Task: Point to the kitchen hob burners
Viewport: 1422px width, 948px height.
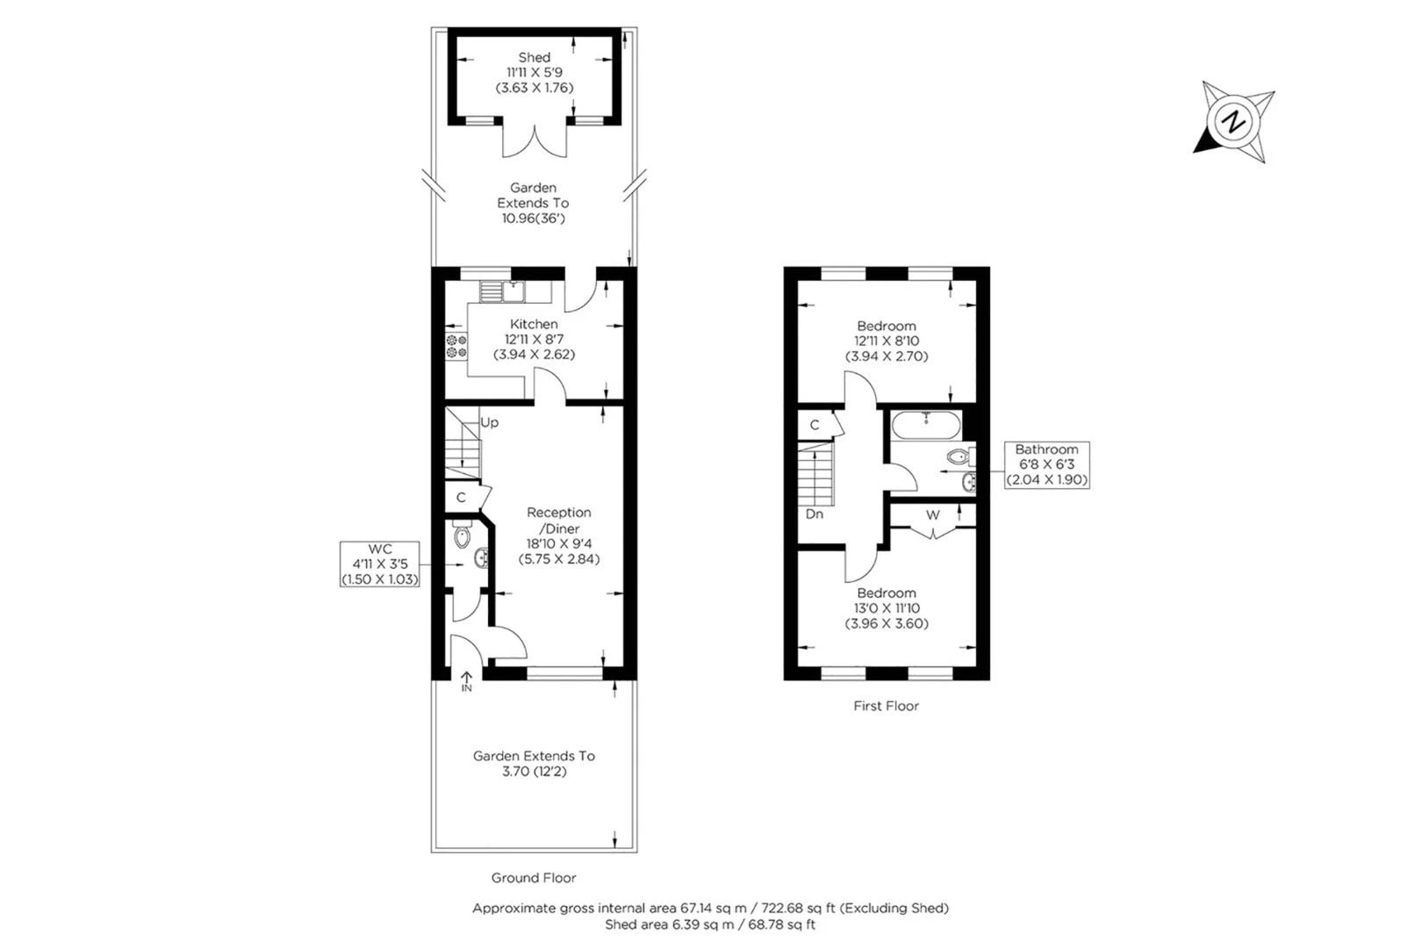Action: (456, 346)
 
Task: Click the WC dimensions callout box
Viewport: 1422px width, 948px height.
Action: (380, 564)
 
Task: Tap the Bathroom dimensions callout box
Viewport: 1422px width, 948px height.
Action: (1046, 464)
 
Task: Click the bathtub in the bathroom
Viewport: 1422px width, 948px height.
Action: (925, 427)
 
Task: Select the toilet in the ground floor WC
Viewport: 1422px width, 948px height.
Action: (463, 536)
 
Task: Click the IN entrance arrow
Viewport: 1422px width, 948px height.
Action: (466, 680)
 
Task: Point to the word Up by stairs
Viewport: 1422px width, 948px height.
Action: (489, 422)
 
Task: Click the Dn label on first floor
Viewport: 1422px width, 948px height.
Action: (814, 514)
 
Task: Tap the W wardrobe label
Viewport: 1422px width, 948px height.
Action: (932, 515)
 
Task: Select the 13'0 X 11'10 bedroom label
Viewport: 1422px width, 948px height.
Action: (887, 608)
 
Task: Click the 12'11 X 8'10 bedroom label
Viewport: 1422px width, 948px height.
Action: (887, 341)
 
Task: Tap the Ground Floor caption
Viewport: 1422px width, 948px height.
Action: (534, 878)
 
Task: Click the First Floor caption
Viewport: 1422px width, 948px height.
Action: (886, 706)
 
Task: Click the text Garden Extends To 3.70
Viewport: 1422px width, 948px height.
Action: (534, 764)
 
